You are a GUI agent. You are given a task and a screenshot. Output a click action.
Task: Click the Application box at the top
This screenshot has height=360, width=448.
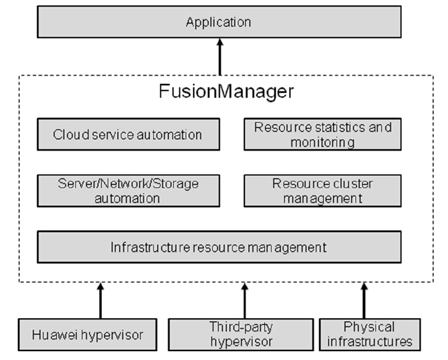point(219,23)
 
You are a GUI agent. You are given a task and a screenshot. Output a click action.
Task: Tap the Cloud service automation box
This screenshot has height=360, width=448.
point(128,135)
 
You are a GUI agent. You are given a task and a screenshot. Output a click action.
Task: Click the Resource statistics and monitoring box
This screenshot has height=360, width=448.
point(322,135)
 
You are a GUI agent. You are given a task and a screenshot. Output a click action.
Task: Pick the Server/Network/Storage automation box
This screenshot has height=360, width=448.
point(128,190)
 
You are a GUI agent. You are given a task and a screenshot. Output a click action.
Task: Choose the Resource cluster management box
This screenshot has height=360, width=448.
point(322,190)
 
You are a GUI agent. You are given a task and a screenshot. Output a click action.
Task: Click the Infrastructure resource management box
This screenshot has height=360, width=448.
point(219,247)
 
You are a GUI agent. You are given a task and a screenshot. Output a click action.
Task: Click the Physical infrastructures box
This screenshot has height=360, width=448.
point(369,334)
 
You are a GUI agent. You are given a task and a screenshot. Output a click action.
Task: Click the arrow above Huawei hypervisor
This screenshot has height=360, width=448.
point(100,300)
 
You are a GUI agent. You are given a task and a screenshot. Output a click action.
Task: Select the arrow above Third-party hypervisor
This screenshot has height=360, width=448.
point(244,300)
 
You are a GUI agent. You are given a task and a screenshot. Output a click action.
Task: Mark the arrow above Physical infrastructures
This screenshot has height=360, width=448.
point(364,300)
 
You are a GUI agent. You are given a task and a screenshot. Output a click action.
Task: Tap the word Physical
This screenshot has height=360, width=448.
point(369,327)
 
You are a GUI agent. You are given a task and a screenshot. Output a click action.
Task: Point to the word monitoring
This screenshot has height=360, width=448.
point(323,142)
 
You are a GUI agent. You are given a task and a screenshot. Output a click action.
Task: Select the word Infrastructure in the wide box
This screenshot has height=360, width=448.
point(141,247)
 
